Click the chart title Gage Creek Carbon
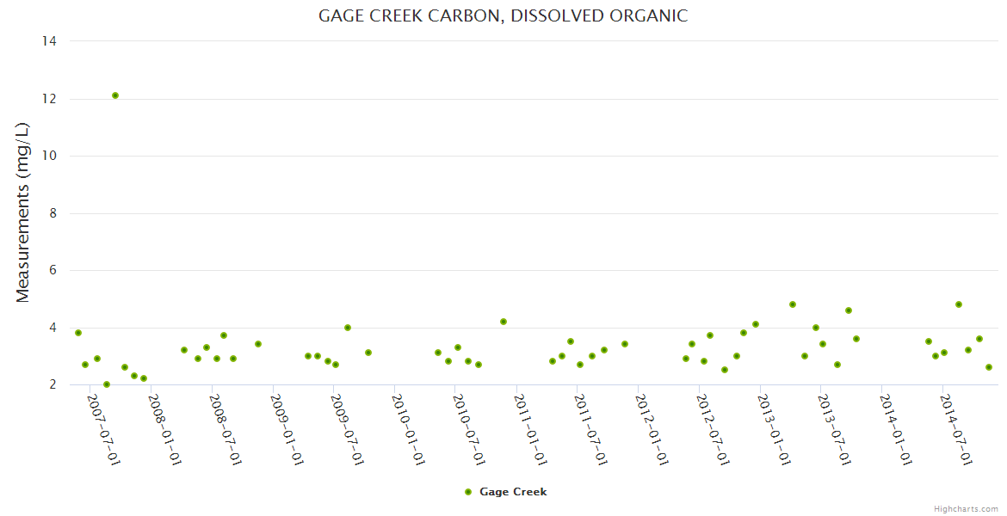[x=503, y=15]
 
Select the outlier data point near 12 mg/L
[x=115, y=95]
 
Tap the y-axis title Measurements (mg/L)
[x=23, y=212]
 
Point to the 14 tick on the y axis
[x=49, y=41]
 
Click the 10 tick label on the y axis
[x=49, y=156]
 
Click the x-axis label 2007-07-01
[x=102, y=430]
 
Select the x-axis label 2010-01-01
[x=408, y=430]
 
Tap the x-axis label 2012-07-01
[x=713, y=430]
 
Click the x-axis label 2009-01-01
[x=286, y=430]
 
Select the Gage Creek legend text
[x=513, y=492]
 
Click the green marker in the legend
[x=468, y=492]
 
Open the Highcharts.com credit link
[x=966, y=508]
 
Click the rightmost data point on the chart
[x=989, y=367]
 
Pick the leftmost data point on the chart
[x=78, y=333]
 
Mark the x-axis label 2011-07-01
[x=590, y=430]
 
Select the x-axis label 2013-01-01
[x=774, y=430]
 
